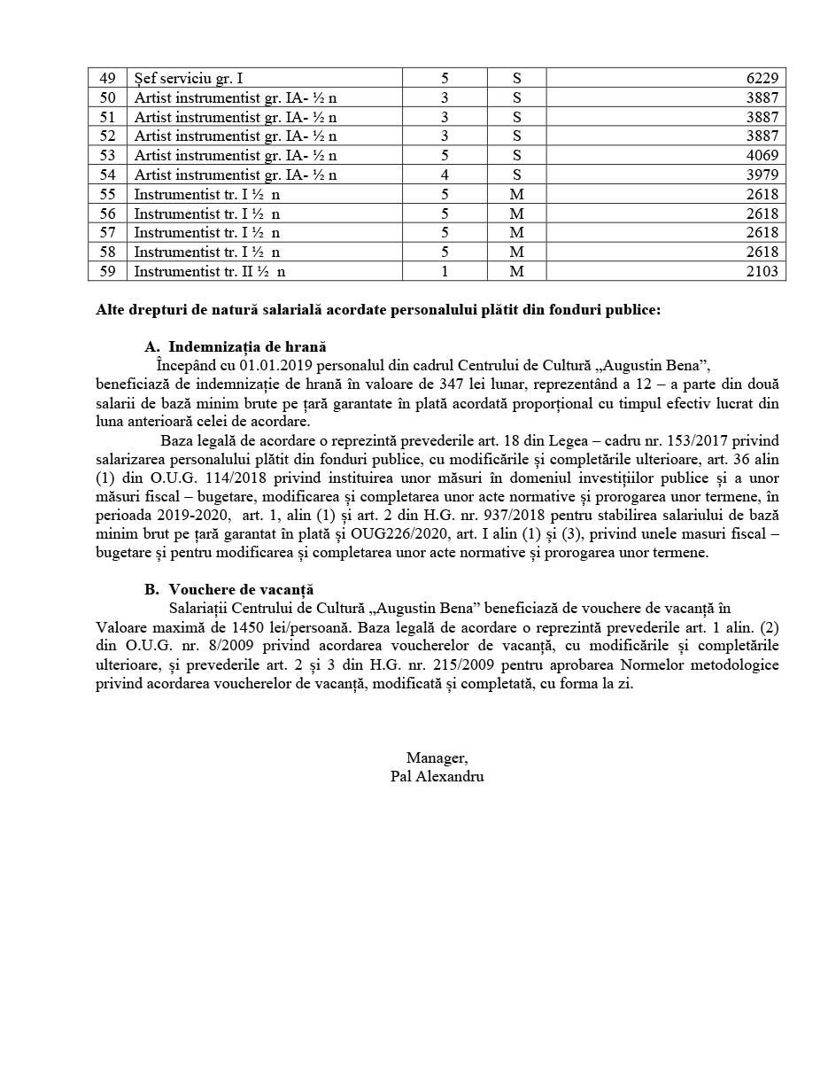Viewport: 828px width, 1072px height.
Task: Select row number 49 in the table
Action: click(x=107, y=78)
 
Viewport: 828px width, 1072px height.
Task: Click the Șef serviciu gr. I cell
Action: click(x=188, y=78)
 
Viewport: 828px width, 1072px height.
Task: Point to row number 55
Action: click(x=107, y=194)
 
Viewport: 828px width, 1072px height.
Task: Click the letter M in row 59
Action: click(x=516, y=271)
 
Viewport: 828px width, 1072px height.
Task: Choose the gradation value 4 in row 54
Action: click(x=445, y=175)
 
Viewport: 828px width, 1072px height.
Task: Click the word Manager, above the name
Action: click(x=437, y=757)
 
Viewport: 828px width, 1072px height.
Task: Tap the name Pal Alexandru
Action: click(x=437, y=776)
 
